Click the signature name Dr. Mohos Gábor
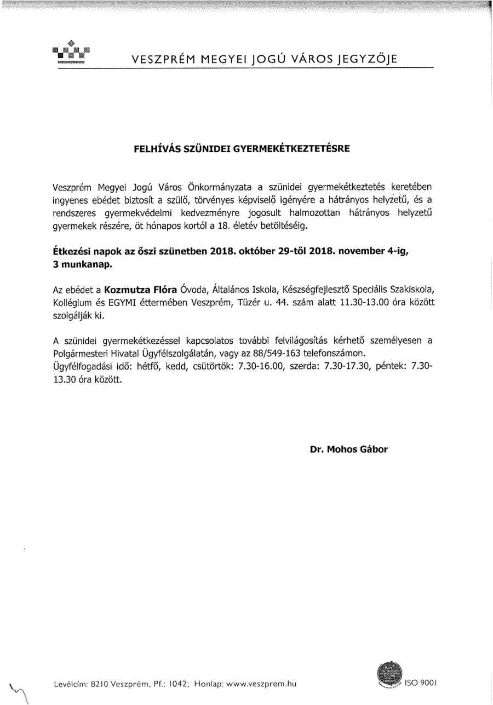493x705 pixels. (x=348, y=450)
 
